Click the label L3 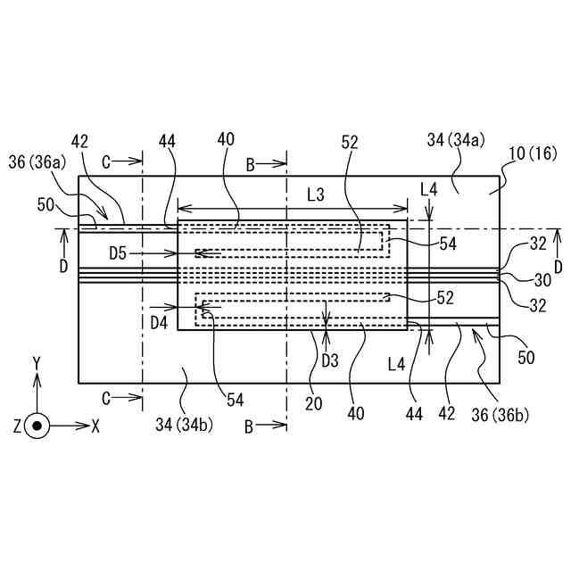315,193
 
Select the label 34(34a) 456,139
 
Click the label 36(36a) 35,161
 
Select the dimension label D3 330,361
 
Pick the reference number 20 316,403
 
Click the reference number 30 542,279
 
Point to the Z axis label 17,426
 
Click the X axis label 96,426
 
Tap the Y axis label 37,362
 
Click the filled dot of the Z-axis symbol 37,426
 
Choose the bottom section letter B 250,426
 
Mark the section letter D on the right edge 559,266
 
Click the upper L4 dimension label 429,189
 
